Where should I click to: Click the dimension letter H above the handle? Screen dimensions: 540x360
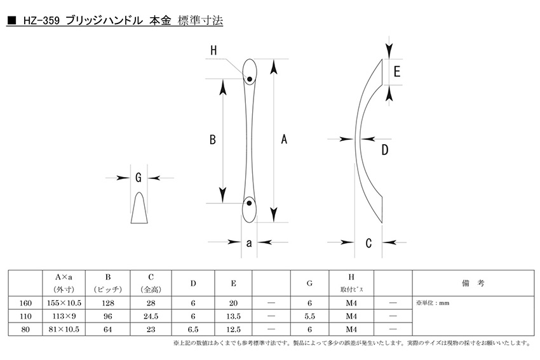tap(213, 51)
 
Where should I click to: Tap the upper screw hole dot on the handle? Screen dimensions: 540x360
tap(250, 79)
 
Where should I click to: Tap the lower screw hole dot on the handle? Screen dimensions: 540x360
tap(249, 203)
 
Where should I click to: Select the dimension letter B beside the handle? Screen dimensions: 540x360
tap(213, 140)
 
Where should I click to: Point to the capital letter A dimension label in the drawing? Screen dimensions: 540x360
tap(284, 140)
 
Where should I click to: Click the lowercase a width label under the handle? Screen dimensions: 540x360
tap(249, 243)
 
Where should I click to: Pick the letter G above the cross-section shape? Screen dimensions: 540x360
tap(138, 178)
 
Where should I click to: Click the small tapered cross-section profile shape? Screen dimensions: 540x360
tap(139, 208)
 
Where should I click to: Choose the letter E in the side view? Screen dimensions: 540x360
tap(397, 72)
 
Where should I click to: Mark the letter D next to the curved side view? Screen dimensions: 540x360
tap(385, 150)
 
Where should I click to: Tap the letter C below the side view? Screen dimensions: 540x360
tap(368, 243)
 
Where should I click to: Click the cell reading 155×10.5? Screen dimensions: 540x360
tap(64, 303)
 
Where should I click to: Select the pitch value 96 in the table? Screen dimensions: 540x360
tap(108, 316)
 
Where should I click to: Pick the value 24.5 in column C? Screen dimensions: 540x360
tap(151, 316)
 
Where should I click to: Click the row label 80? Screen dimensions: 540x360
tap(25, 330)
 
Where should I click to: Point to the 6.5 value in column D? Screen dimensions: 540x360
tap(193, 330)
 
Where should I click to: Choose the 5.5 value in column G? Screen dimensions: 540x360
tap(309, 316)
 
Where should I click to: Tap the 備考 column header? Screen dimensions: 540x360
tap(473, 283)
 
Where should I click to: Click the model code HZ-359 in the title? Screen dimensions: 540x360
tap(41, 21)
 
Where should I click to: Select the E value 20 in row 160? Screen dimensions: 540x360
tap(233, 303)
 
